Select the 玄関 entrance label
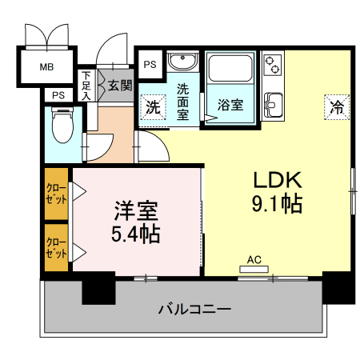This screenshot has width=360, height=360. (120, 85)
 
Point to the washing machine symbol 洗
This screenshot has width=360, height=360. (152, 106)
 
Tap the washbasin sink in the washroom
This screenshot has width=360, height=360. (184, 62)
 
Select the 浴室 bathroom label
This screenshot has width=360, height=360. (230, 105)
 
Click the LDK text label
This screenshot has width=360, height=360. (277, 179)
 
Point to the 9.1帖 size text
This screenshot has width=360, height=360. (277, 204)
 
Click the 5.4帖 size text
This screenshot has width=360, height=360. (135, 234)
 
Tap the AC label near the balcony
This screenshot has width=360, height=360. (254, 258)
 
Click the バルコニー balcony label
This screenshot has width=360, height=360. (194, 308)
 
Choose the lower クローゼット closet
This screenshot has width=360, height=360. (56, 248)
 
